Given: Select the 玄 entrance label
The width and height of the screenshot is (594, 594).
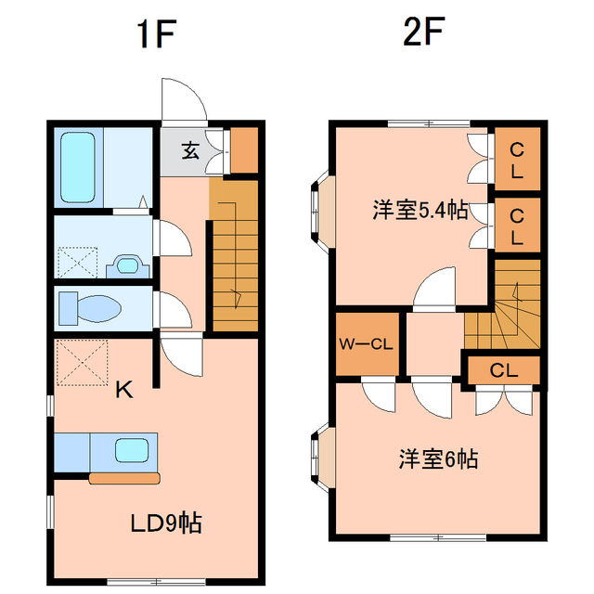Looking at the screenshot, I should click(189, 150).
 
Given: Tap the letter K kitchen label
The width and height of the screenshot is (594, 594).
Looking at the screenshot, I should click(123, 391).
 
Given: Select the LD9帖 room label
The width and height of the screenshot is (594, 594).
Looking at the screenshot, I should click(165, 523).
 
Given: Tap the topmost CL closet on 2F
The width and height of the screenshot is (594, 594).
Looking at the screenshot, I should click(516, 160).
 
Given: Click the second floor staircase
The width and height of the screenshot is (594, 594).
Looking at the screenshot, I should click(502, 311).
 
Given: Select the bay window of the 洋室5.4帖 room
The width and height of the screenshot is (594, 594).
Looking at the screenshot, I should click(319, 210).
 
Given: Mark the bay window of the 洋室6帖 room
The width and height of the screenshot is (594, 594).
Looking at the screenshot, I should click(318, 456).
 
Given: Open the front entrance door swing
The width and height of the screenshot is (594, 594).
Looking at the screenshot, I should click(183, 100).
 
